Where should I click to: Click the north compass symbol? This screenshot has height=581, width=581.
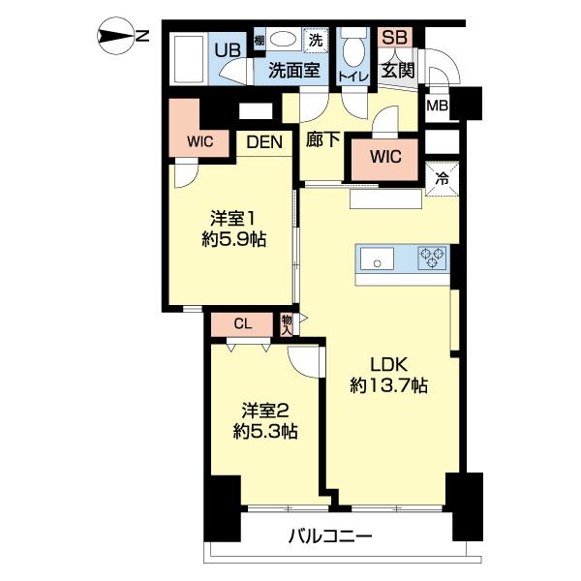click(x=121, y=38)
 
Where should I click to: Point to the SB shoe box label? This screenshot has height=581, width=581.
click(x=392, y=38)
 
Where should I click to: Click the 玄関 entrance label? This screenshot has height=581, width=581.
click(x=397, y=71)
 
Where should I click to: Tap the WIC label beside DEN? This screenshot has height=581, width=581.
click(x=200, y=140)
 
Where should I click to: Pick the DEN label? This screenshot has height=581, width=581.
click(x=263, y=142)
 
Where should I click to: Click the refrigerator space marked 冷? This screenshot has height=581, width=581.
click(x=442, y=177)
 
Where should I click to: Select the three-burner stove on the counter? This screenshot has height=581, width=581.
click(x=432, y=258)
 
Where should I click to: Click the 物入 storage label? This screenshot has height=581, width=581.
click(x=288, y=324)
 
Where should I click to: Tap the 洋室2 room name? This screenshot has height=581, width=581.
click(x=263, y=410)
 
